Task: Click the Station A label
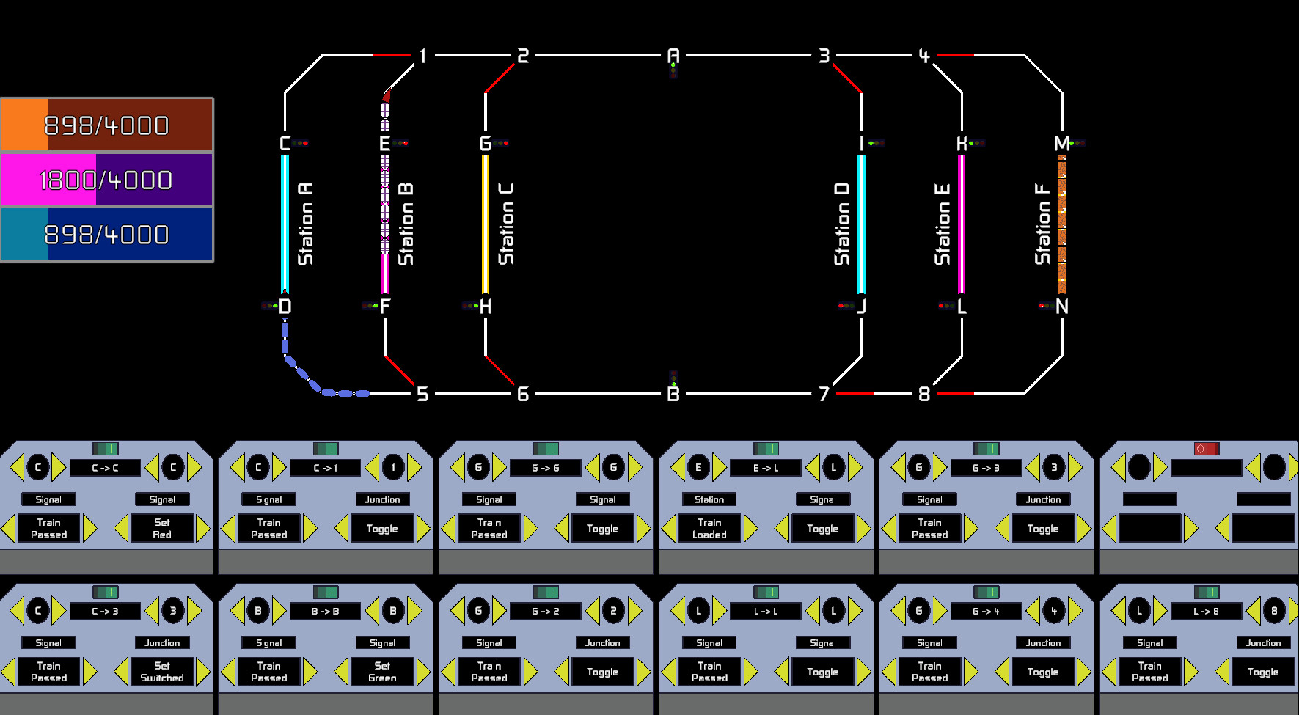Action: (306, 224)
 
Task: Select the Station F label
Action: (1042, 224)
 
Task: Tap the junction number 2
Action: (522, 56)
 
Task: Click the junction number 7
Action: (824, 394)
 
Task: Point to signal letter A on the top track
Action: (673, 55)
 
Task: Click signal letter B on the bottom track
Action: (673, 394)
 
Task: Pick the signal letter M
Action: (1061, 143)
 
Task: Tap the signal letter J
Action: (862, 306)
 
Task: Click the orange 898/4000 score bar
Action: (107, 125)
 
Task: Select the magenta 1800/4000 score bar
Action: (107, 180)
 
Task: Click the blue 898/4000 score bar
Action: (107, 235)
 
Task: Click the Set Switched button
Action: (162, 672)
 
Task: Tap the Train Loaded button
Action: (709, 528)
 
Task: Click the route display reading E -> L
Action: (766, 468)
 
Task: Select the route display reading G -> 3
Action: (986, 468)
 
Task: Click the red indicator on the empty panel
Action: (1206, 448)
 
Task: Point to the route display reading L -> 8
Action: (1206, 611)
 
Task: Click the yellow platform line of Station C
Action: (485, 224)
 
